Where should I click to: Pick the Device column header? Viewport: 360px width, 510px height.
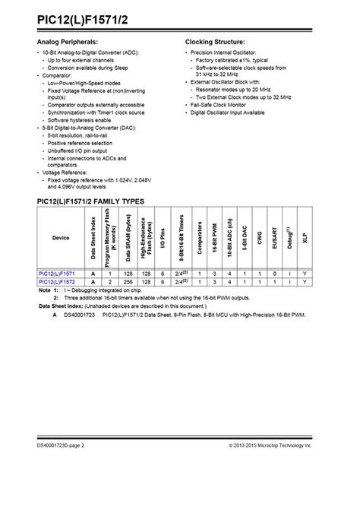(60, 237)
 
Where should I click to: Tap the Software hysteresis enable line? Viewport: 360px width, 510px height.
(79, 120)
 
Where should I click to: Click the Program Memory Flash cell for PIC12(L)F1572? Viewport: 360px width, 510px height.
(110, 282)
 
